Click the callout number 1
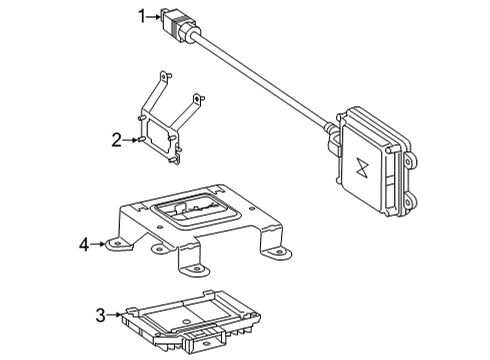[142, 16]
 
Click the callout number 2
[116, 140]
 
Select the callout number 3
[100, 315]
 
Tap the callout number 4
[84, 245]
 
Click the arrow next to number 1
[154, 16]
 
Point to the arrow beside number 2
[130, 140]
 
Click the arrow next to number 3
[114, 315]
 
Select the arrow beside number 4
[97, 244]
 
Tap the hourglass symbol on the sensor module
[361, 166]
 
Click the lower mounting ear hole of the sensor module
[407, 202]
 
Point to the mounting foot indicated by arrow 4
[119, 245]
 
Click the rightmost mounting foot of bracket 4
[279, 253]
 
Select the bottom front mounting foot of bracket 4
[196, 269]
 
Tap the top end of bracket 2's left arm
[164, 76]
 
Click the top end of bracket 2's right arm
[197, 99]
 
